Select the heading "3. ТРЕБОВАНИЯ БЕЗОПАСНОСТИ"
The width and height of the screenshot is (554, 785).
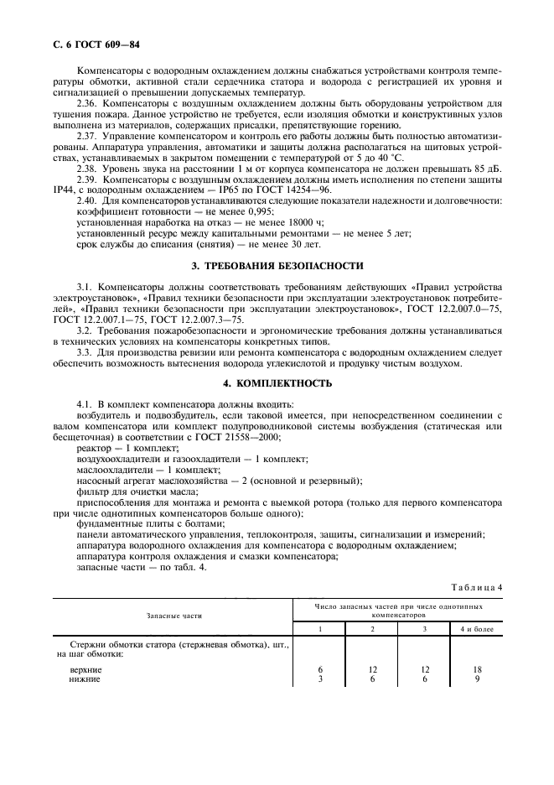click(277, 266)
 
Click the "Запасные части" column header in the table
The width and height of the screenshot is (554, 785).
click(174, 615)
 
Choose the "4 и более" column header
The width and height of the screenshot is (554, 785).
click(477, 628)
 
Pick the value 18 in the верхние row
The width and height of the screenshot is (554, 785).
click(477, 669)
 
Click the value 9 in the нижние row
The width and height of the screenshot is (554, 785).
click(477, 678)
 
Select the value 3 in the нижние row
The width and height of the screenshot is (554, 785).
click(320, 678)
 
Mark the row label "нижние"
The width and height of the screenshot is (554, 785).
click(84, 678)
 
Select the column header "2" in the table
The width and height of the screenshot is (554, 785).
click(372, 628)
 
